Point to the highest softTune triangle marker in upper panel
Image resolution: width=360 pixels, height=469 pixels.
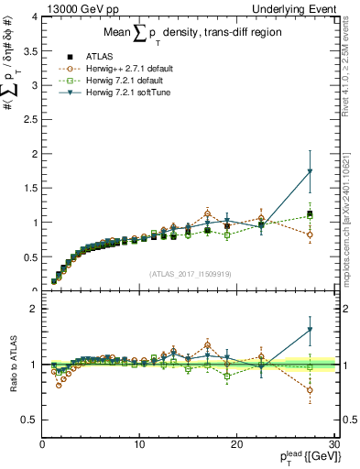pyautogui.click(x=310, y=171)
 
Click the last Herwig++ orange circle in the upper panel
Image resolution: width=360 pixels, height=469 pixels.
pyautogui.click(x=310, y=234)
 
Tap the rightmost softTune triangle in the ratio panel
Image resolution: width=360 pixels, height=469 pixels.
pyautogui.click(x=310, y=330)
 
